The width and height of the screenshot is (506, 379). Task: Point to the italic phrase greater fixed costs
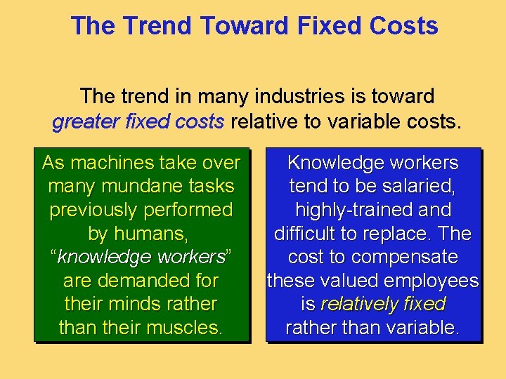click(138, 122)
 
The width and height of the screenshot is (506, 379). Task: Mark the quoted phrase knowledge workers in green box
click(141, 258)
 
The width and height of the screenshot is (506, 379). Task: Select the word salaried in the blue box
click(414, 187)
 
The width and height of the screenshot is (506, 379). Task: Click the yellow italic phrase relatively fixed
click(383, 305)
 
